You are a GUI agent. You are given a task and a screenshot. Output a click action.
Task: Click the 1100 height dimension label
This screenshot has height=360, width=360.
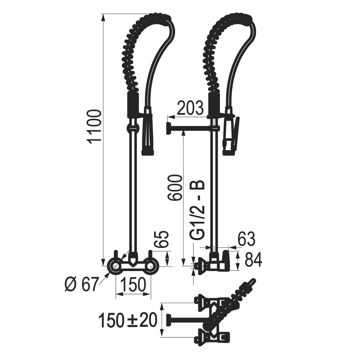click(94, 127)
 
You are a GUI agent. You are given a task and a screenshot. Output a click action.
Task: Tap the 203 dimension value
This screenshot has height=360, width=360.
click(190, 108)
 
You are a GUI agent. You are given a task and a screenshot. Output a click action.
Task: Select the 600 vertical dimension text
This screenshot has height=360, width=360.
click(175, 188)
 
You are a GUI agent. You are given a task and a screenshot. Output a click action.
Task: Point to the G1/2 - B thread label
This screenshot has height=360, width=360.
click(197, 210)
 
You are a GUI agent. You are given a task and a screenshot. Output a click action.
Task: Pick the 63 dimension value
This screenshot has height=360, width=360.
click(246, 239)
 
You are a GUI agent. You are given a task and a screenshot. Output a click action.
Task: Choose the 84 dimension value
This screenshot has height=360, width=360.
click(253, 260)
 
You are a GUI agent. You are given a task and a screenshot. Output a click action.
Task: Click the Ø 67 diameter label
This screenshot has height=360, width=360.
click(81, 284)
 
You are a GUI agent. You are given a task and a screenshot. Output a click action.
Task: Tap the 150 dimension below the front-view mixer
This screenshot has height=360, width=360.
click(133, 284)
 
